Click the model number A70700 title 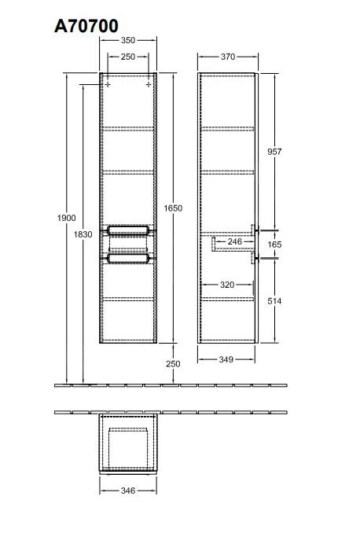pos(86,26)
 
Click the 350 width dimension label pos(128,40)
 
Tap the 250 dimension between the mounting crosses pos(128,57)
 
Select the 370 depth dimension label pos(228,57)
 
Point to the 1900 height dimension pos(67,218)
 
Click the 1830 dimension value pos(83,234)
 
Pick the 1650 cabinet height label pos(173,208)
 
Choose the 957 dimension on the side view pos(274,152)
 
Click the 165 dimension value pos(274,245)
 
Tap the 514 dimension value pos(274,301)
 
